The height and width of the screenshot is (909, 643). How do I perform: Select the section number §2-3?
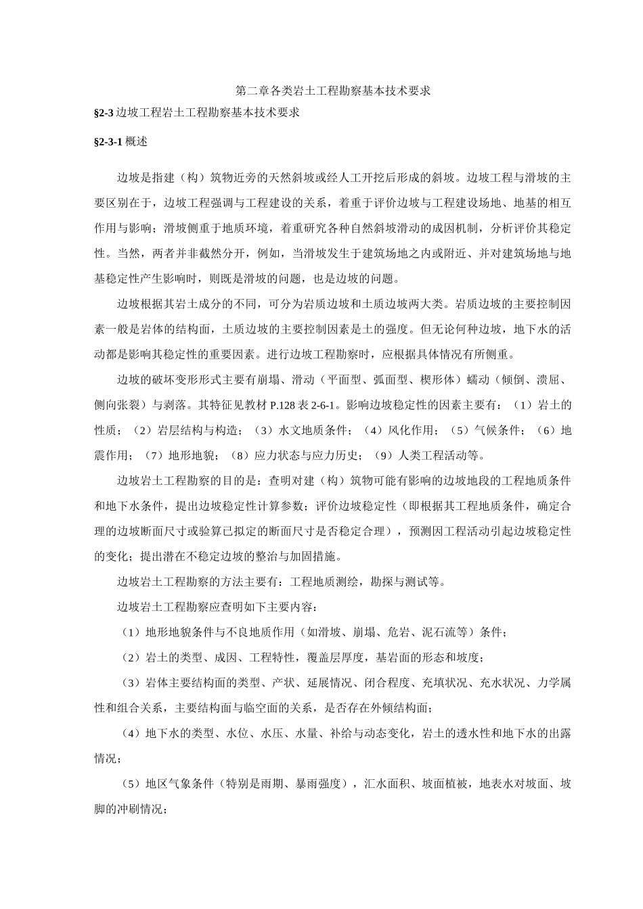(x=104, y=112)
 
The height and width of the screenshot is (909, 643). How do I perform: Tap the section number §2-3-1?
(x=108, y=143)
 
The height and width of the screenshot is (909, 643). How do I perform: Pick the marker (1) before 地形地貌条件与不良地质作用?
(x=130, y=632)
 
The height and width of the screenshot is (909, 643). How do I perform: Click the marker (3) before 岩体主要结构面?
(x=130, y=682)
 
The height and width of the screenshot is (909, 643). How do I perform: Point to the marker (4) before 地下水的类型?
(x=130, y=733)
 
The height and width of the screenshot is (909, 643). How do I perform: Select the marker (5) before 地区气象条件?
(x=130, y=784)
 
